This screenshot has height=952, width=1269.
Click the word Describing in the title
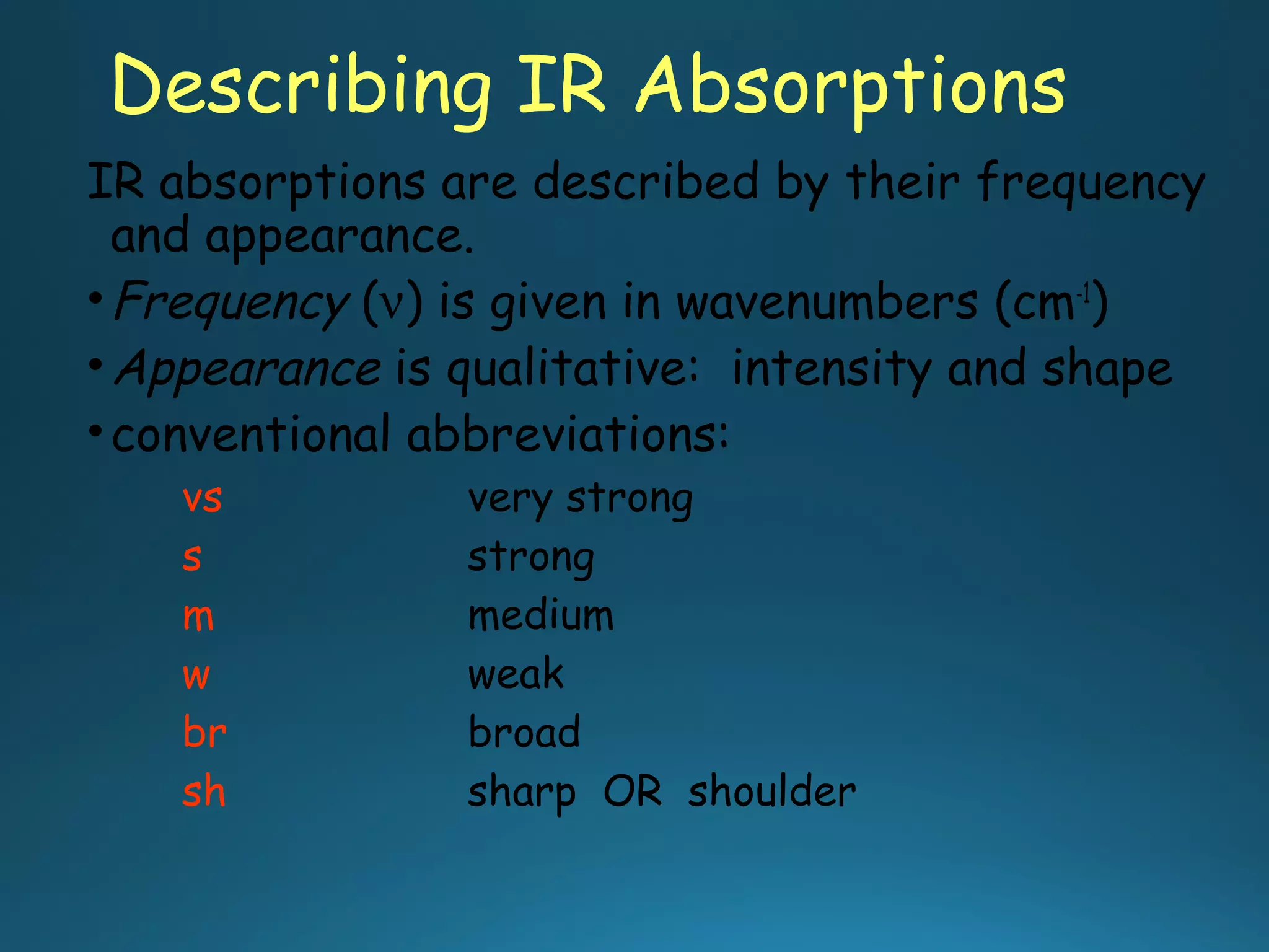[301, 87]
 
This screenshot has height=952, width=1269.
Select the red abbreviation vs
[202, 499]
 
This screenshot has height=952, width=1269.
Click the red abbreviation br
[204, 733]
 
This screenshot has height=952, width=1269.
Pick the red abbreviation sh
[204, 791]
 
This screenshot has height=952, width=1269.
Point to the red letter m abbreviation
[198, 617]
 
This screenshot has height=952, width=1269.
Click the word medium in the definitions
[540, 616]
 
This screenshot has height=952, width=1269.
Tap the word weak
[516, 674]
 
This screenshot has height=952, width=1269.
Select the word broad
[524, 732]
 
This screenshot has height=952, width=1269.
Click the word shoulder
[771, 791]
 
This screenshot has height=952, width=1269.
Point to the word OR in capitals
[632, 791]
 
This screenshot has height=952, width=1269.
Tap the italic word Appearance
[248, 369]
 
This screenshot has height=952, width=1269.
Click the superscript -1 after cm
[1083, 291]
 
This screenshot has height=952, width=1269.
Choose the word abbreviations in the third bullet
[568, 434]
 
